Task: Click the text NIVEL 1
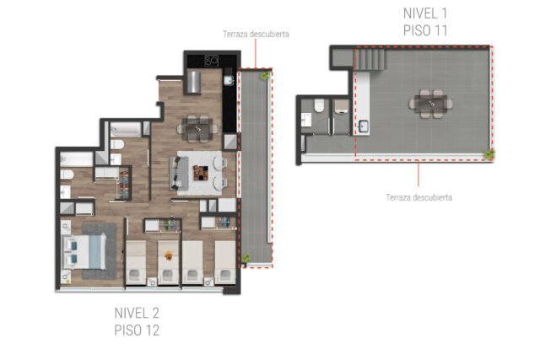coord(425,13)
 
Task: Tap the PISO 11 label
coord(425,30)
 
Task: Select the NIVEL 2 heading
coord(137,313)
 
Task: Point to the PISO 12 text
coord(137,330)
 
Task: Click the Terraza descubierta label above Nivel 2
coord(256,34)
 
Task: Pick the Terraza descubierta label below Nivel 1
coord(418,197)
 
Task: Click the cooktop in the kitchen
coord(211,61)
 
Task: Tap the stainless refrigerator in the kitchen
coord(194,82)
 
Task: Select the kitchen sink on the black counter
coord(229,80)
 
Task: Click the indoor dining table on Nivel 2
coord(198,129)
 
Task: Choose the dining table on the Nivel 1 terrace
coord(431,104)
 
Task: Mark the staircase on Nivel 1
coord(370,59)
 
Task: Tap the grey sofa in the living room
coord(179,173)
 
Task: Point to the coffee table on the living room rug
coord(201,173)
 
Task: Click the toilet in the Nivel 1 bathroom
coord(319,105)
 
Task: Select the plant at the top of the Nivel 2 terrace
coord(265,75)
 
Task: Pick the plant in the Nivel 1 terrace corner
coord(489,153)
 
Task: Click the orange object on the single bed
coord(169,255)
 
